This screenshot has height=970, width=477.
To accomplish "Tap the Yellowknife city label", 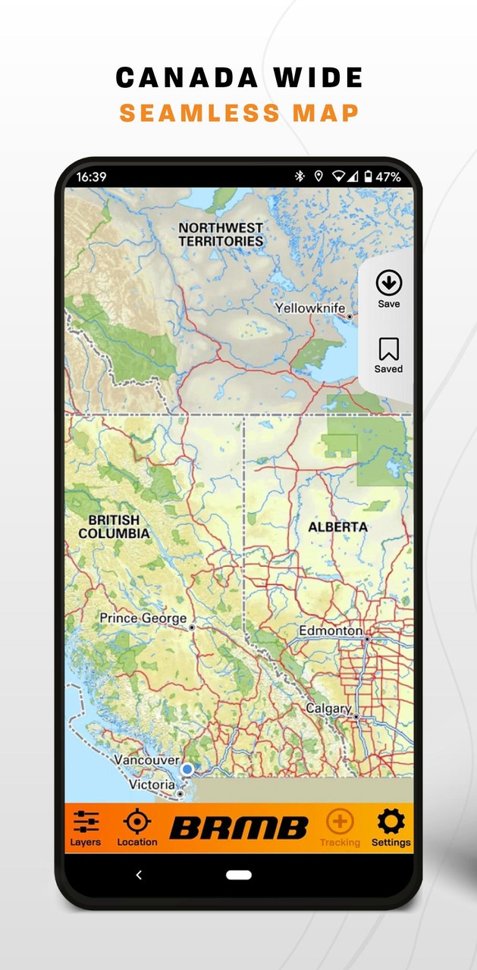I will (309, 308).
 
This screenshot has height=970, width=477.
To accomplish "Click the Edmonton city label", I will (330, 630).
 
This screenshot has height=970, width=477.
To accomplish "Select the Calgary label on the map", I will (328, 709).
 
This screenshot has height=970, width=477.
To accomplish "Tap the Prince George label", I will (143, 618).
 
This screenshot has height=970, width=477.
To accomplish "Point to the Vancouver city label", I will (146, 760).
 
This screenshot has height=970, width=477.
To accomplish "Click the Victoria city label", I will (151, 784).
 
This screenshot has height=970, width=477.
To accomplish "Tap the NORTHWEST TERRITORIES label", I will (221, 234).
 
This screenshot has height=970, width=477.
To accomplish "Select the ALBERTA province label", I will (337, 527).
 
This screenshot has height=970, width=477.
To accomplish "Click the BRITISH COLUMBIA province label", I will (114, 527).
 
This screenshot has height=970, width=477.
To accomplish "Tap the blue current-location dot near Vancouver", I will (187, 769).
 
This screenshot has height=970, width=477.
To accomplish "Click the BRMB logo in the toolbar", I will (239, 828).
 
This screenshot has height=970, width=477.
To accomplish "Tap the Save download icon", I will (389, 283).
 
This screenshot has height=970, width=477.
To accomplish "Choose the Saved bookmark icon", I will (389, 349).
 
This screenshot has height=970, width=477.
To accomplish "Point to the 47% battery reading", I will (388, 177).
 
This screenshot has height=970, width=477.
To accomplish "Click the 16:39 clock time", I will (91, 177).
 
